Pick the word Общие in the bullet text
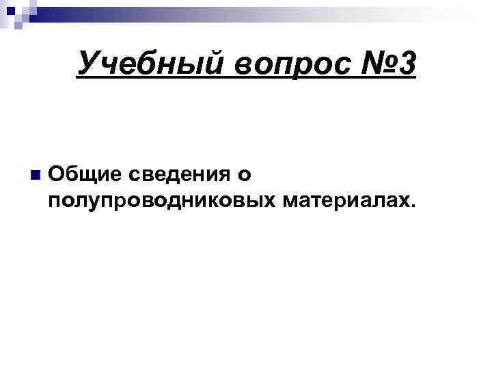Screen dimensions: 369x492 [85, 174]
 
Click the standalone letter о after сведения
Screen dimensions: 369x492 [245, 176]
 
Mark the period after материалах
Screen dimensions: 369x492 [411, 206]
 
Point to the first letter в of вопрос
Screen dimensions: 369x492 [245, 67]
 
